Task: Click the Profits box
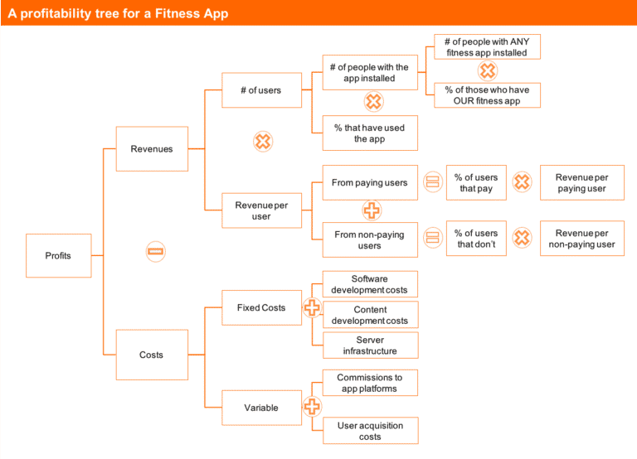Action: point(58,255)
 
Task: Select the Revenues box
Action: point(152,149)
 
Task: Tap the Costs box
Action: point(152,355)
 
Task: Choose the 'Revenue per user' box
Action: point(262,210)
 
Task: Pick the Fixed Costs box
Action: point(261,307)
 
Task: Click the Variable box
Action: point(261,408)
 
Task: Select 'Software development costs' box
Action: point(370,284)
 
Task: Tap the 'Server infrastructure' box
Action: point(370,345)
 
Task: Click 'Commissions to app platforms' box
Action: point(370,383)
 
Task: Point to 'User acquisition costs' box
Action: point(370,431)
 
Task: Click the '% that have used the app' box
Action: point(370,133)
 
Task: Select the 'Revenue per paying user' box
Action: point(581,183)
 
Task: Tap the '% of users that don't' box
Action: point(476,239)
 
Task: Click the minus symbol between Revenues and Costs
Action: point(156,251)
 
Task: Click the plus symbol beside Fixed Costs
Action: point(312,307)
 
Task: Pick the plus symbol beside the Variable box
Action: point(312,407)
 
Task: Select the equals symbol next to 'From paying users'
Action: point(432,182)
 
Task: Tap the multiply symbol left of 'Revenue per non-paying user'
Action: point(521,239)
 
